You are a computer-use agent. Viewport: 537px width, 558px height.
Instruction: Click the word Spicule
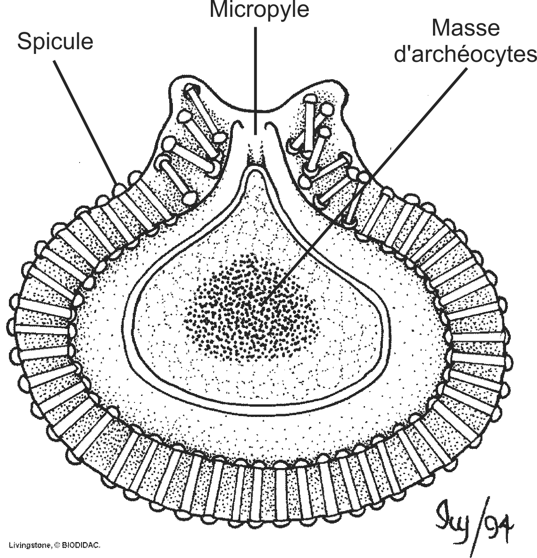(x=55, y=42)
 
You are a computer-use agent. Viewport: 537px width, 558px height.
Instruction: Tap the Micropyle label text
(x=259, y=10)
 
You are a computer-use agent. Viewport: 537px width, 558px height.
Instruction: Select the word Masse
(x=465, y=28)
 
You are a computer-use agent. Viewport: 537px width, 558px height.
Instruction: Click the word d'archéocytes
(x=465, y=55)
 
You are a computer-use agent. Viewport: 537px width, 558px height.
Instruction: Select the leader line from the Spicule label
(x=85, y=123)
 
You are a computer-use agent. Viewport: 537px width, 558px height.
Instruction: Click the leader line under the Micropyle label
(x=255, y=80)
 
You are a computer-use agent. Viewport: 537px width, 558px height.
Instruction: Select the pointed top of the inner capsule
(x=255, y=170)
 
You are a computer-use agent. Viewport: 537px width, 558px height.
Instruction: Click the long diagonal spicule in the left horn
(x=203, y=112)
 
